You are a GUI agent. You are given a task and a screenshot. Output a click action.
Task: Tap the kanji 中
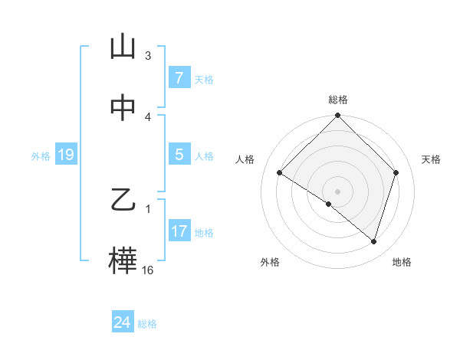[x=123, y=109]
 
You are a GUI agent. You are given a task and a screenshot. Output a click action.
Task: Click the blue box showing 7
[x=179, y=77]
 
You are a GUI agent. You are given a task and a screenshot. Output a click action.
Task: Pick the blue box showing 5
[x=179, y=155]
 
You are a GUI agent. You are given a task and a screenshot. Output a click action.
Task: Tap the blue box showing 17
[x=179, y=231]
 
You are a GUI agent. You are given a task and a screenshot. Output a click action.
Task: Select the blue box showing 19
[x=66, y=155]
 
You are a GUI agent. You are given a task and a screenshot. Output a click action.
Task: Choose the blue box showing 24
[x=123, y=322]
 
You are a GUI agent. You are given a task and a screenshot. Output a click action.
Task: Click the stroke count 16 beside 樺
[x=148, y=270]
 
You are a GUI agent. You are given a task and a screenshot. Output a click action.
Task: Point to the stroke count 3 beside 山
[x=148, y=55]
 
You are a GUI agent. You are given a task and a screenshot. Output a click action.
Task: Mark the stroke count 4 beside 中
[x=148, y=116]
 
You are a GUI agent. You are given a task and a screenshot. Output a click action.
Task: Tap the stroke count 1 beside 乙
[x=148, y=208]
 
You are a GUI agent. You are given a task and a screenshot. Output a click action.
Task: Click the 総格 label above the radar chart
[x=337, y=100]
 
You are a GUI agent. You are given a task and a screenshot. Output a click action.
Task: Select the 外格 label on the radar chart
[x=270, y=262]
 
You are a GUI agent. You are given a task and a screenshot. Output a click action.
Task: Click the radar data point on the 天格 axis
[x=396, y=172]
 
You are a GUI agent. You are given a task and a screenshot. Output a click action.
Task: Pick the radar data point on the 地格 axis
[x=373, y=241]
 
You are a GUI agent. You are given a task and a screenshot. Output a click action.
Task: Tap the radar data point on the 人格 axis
[x=279, y=172]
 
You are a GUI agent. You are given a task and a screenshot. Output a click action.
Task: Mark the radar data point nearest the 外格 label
[x=329, y=204]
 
